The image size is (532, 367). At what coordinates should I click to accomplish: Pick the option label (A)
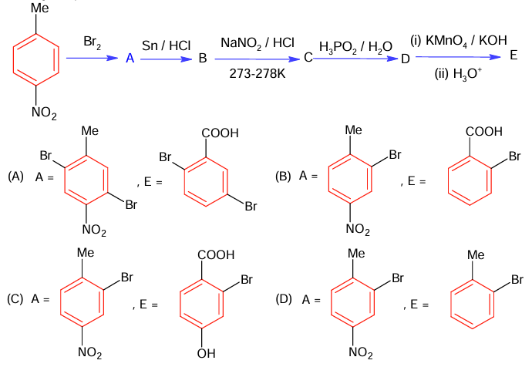pyautogui.click(x=15, y=177)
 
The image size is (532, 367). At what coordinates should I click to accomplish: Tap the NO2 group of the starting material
pyautogui.click(x=44, y=113)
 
